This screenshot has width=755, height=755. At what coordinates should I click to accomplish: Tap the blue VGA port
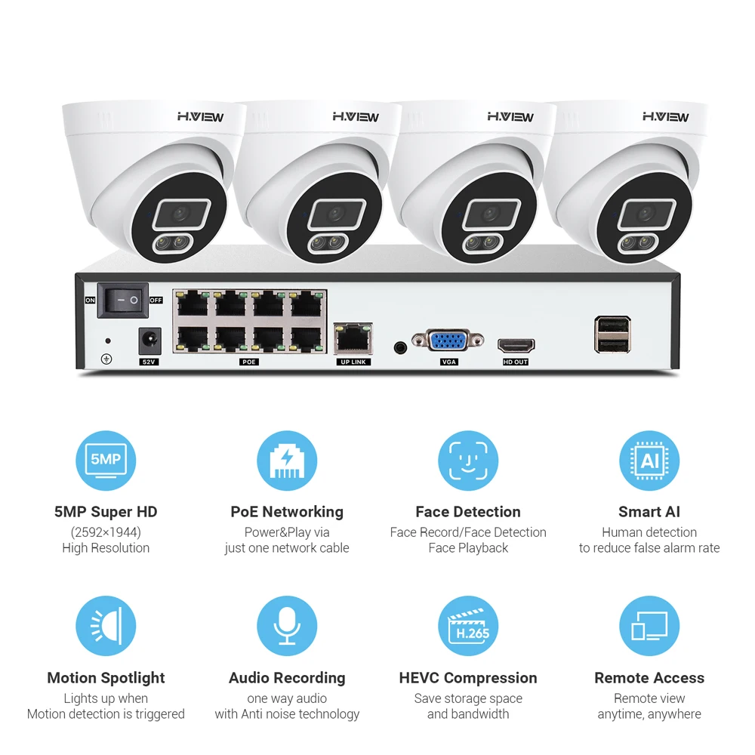[449, 341]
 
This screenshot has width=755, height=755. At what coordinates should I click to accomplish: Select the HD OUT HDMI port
[516, 345]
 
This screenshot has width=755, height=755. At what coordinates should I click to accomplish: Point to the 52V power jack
[149, 341]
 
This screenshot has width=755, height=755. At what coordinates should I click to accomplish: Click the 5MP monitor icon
[106, 461]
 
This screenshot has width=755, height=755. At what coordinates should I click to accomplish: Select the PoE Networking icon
[287, 461]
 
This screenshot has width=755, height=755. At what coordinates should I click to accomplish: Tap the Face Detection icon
[468, 461]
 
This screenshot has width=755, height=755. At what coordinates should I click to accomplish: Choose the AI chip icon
[649, 461]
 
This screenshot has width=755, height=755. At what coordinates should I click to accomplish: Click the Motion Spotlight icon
[106, 627]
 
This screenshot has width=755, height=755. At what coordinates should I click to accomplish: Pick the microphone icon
[287, 627]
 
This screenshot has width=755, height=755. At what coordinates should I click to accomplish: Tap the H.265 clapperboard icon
[468, 627]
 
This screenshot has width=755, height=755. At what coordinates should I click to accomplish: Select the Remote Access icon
[649, 627]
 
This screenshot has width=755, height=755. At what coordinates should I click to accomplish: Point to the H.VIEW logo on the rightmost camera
[665, 116]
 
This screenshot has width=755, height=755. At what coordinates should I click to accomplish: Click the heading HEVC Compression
[468, 678]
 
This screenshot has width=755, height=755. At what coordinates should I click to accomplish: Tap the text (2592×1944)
[106, 532]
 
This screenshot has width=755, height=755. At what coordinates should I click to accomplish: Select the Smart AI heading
[649, 512]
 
